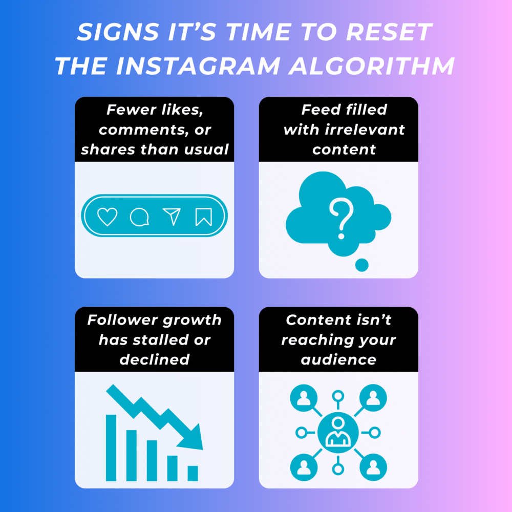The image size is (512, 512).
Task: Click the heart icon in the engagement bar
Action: (107, 217)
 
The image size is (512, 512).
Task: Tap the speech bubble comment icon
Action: (139, 217)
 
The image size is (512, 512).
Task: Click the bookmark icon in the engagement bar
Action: (203, 217)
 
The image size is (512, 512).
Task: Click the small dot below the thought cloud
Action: (362, 265)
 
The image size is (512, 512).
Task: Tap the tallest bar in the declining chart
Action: (111, 447)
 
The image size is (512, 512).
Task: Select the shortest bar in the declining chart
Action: (193, 473)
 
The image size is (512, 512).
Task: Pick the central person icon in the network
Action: (337, 433)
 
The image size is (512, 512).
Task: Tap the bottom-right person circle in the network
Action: (373, 467)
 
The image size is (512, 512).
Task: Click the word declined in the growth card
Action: (155, 359)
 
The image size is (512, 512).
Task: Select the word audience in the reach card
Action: (338, 359)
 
